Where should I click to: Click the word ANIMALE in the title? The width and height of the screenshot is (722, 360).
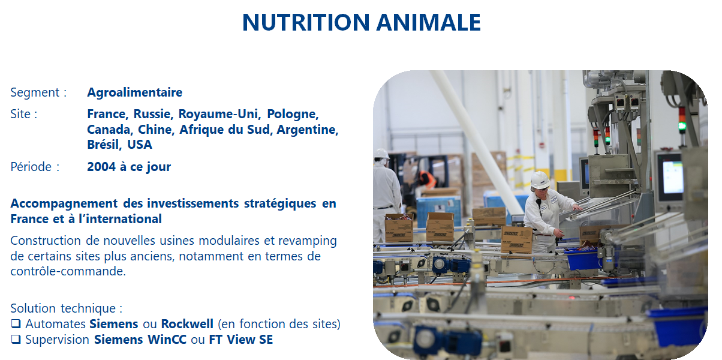click(428, 22)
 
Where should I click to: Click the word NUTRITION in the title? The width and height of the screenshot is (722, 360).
click(306, 22)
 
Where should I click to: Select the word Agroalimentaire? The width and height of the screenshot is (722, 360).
click(135, 92)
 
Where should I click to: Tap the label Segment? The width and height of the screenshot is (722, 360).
click(35, 92)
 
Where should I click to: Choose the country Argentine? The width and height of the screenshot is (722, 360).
click(307, 130)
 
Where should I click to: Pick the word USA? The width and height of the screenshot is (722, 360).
click(140, 145)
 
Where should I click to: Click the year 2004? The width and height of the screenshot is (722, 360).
click(101, 167)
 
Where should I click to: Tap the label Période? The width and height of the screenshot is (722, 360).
click(31, 167)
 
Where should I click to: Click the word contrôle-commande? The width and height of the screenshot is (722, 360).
click(68, 271)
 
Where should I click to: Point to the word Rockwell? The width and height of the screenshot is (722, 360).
click(187, 324)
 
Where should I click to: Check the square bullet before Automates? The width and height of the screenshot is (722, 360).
click(16, 323)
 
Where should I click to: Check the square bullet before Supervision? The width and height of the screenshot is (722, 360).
click(16, 340)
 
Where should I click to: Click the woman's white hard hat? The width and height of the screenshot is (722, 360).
click(540, 180)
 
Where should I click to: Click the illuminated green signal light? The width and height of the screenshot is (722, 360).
click(682, 126)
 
